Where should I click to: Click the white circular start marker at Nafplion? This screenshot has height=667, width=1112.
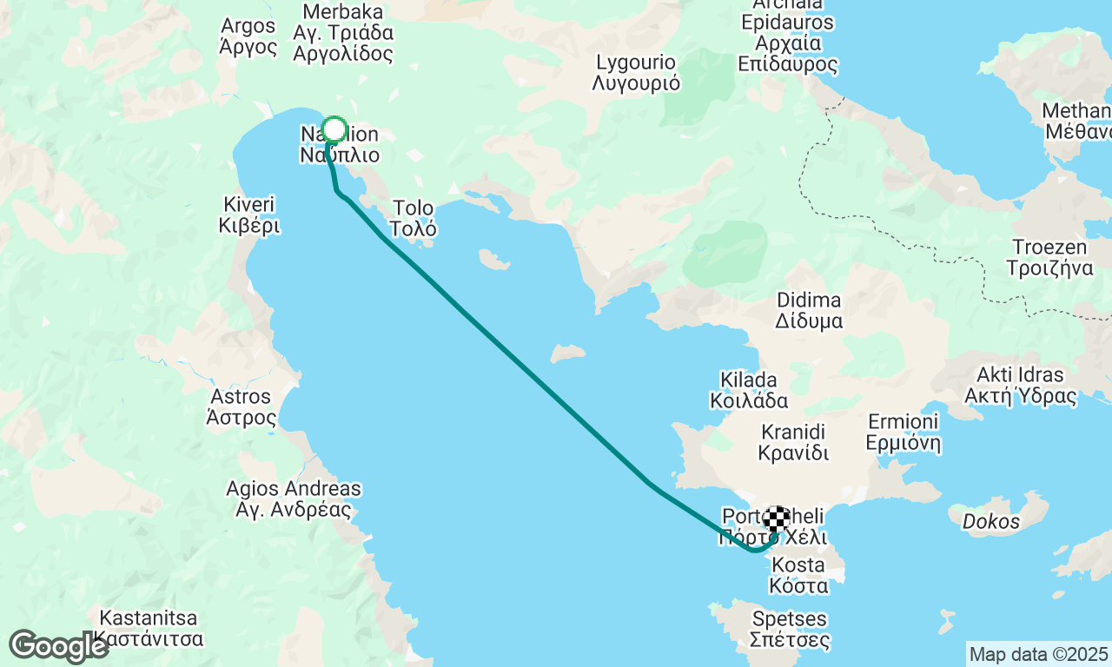coord(334,130)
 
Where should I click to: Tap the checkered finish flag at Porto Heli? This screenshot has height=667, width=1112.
coord(777,519)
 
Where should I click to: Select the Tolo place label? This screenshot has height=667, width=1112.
coord(414,219)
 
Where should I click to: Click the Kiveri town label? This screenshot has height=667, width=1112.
coord(249,215)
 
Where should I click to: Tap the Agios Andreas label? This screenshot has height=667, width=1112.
coord(294,499)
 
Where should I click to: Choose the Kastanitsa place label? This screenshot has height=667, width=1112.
coord(149,630)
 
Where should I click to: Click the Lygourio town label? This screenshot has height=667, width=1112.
coord(636,73)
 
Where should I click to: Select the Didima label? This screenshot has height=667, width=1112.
coord(810,310)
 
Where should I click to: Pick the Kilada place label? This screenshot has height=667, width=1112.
coord(749,390)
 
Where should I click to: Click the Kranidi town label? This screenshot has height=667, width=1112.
coord(793,442)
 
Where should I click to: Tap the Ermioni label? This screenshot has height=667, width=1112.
coord(903,433)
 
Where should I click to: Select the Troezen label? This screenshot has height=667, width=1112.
coord(1049,257)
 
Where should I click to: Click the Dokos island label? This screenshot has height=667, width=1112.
coord(991,522)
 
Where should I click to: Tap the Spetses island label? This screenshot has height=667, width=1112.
coord(790,631)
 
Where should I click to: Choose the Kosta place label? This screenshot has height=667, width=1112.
coord(798,575)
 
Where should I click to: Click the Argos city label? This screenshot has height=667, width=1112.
coord(248,36)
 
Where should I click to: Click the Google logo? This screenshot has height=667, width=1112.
coord(58,646)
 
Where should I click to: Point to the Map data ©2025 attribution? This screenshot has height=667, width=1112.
coord(1038,654)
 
